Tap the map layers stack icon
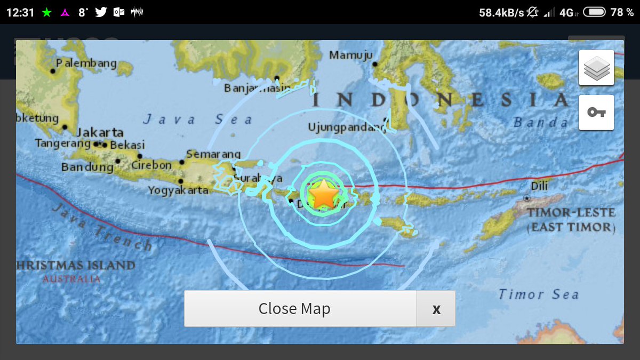pyautogui.click(x=596, y=68)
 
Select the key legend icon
pyautogui.click(x=596, y=113)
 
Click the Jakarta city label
pyautogui.click(x=100, y=132)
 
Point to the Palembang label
pyautogui.click(x=86, y=63)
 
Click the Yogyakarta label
pyautogui.click(x=178, y=190)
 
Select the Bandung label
pyautogui.click(x=87, y=167)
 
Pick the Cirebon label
pyautogui.click(x=151, y=165)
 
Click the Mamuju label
pyautogui.click(x=351, y=55)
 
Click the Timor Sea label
pyautogui.click(x=539, y=294)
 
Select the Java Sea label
pyautogui.click(x=197, y=119)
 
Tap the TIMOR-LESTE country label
pyautogui.click(x=571, y=212)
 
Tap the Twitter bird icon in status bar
pyautogui.click(x=101, y=12)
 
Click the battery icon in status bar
pyautogui.click(x=594, y=12)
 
